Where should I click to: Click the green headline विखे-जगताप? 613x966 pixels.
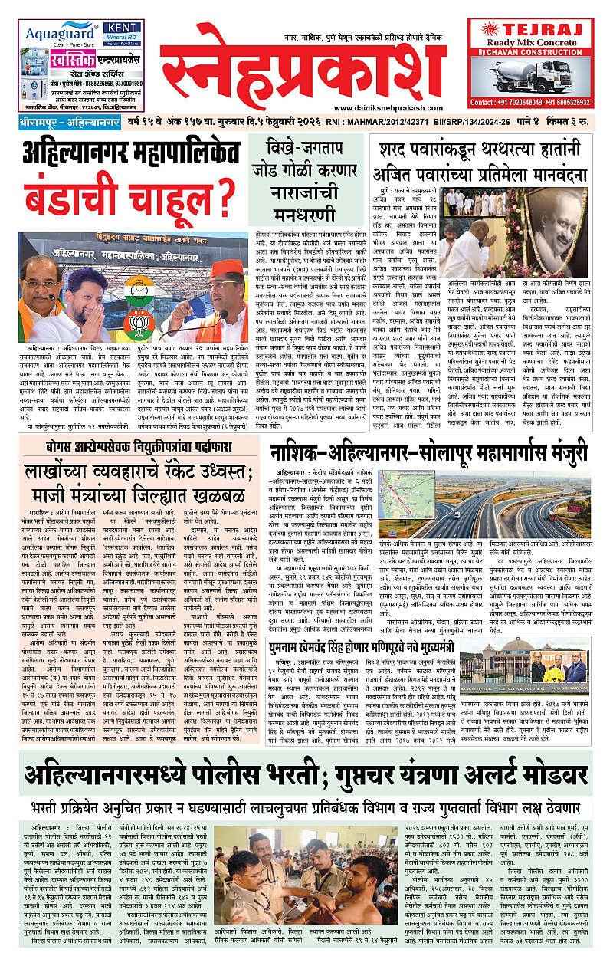(x=312, y=146)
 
